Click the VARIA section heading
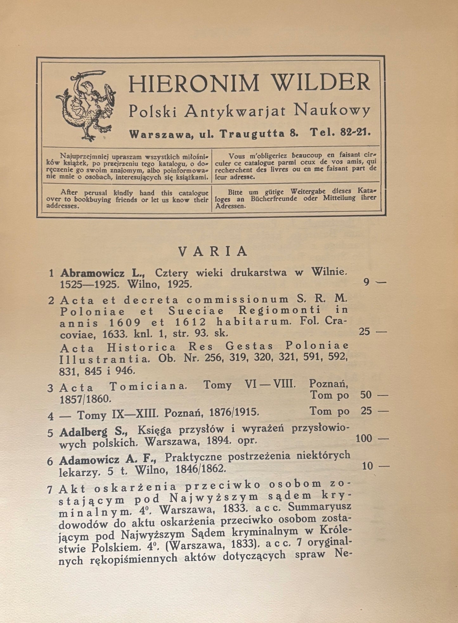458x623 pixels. click(213, 251)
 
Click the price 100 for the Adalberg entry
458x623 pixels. click(364, 438)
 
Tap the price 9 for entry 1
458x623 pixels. click(366, 282)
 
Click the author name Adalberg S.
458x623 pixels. click(93, 431)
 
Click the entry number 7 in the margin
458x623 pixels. click(49, 489)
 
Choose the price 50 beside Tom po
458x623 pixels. click(366, 395)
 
